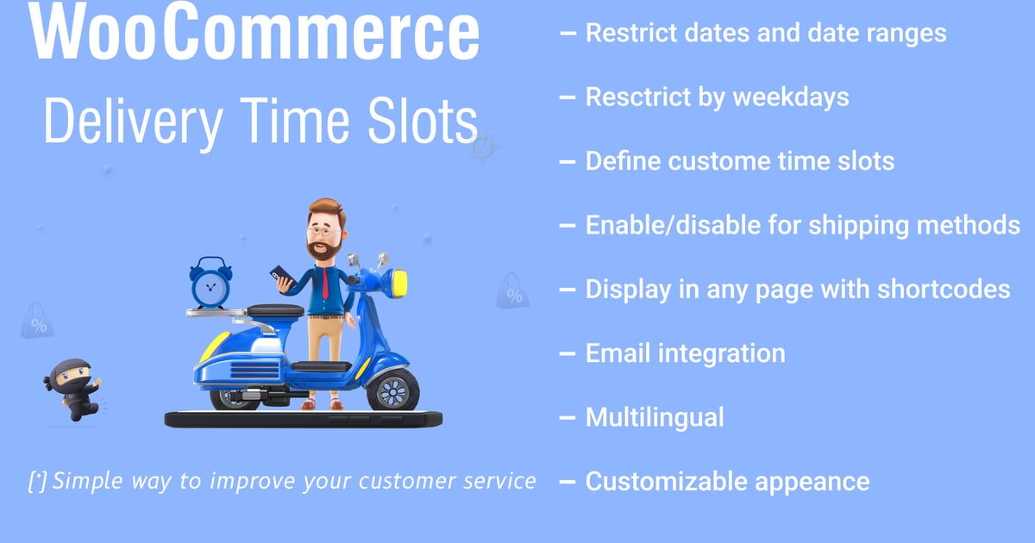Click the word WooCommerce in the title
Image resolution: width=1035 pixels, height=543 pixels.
pos(254,30)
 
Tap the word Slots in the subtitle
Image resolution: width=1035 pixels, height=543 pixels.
pos(423,122)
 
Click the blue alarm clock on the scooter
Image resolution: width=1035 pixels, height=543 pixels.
pos(210,283)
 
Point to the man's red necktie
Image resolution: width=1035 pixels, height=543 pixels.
pos(325,283)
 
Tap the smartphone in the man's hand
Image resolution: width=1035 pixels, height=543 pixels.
pos(282,276)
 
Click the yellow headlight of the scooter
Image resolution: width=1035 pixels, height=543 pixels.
pos(399,283)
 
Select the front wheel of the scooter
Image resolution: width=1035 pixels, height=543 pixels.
pos(392,390)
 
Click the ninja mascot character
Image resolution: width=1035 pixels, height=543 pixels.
pos(73,390)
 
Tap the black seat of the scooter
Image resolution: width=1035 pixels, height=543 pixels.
pos(275,310)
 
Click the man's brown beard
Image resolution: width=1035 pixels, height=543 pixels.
pos(324,250)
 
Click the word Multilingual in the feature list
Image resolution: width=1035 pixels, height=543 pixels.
pos(655,417)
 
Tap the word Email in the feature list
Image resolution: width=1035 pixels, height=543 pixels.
pos(618,353)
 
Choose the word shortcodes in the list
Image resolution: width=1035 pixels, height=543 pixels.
pos(944,290)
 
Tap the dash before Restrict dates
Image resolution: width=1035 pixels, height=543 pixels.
pos(568,34)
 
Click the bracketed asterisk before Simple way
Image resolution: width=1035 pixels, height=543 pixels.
pos(37,482)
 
